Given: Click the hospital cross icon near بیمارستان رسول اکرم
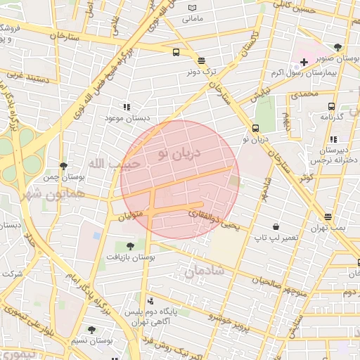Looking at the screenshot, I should click(304, 63).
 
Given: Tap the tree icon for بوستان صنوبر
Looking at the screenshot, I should click(337, 47).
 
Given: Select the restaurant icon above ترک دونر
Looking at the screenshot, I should click(202, 60).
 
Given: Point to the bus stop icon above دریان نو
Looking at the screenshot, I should click(255, 129).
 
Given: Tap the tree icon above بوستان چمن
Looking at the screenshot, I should click(63, 166).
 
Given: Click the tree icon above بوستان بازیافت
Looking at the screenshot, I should click(130, 245).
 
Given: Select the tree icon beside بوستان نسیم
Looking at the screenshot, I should click(91, 329).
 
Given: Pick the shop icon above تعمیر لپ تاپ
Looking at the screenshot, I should click(276, 227).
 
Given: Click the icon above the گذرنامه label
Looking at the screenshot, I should click(330, 106).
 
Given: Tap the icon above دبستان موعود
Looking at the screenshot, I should click(127, 107).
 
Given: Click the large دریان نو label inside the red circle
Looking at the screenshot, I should click(179, 152).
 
